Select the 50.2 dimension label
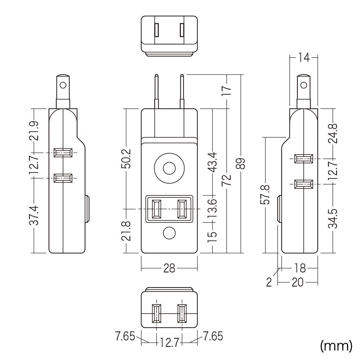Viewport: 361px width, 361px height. tap(126, 158)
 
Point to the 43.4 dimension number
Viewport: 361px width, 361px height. tap(212, 162)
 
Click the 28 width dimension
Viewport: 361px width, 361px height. tap(169, 268)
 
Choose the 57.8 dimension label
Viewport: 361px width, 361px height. tap(265, 194)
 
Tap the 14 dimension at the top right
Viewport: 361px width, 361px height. tap(304, 58)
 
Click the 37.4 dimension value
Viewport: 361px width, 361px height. tap(34, 216)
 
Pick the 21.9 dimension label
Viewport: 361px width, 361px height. tap(34, 131)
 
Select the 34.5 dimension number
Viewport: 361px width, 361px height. tap(333, 219)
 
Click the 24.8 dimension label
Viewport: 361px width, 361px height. tap(333, 133)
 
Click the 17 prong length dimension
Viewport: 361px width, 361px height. tap(226, 91)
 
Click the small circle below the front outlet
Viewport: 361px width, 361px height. tap(169, 233)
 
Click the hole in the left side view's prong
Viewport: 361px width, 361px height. tap(63, 85)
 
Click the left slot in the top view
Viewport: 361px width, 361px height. tap(157, 30)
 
